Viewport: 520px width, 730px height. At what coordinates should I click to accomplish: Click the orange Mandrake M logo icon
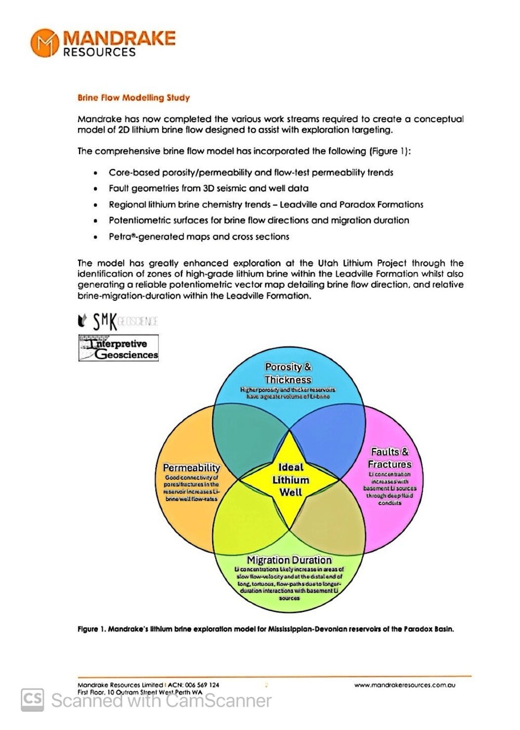45,43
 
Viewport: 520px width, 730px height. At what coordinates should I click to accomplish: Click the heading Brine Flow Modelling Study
134,98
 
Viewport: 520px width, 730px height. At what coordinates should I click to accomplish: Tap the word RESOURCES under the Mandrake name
99,52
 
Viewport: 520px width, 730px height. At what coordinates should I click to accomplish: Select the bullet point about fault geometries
208,188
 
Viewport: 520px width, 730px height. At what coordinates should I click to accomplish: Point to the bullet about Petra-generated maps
199,237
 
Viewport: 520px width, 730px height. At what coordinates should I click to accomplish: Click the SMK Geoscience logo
119,322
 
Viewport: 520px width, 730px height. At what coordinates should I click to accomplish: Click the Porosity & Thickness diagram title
288,373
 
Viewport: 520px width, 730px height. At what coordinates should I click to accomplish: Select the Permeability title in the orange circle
192,468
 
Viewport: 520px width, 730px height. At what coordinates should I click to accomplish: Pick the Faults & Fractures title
389,458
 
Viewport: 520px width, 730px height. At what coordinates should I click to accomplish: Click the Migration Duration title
289,560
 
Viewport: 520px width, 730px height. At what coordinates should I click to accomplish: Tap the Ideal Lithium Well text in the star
291,480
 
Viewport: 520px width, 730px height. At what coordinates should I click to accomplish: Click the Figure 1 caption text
265,629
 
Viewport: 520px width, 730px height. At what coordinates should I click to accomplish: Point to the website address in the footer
405,685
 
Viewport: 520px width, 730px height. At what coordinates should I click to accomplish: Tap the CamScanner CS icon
32,700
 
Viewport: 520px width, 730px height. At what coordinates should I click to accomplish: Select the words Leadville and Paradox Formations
352,204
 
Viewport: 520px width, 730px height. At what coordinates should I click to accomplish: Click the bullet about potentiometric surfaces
258,221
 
